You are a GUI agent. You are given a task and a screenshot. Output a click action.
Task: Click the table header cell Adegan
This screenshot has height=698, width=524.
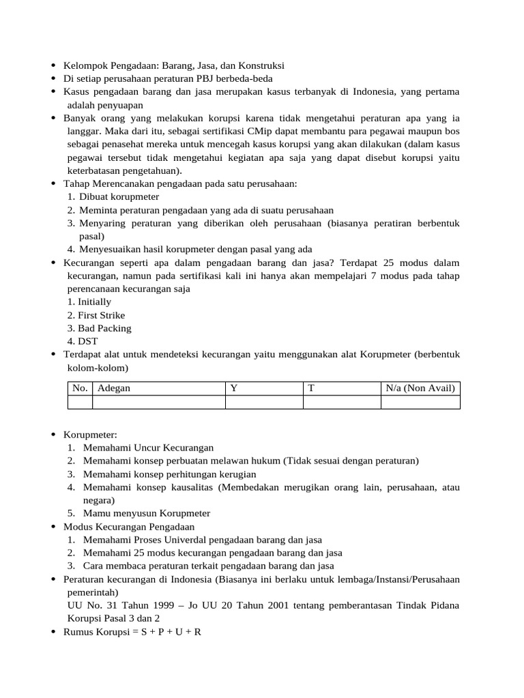click(114, 389)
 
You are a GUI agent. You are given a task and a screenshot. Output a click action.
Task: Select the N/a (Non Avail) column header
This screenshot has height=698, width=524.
click(420, 389)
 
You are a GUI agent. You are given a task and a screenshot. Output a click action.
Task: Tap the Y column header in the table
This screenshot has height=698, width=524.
click(234, 389)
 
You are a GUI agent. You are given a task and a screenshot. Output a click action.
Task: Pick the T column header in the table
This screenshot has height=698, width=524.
click(311, 389)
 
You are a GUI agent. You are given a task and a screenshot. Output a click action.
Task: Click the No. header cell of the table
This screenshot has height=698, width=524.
click(80, 389)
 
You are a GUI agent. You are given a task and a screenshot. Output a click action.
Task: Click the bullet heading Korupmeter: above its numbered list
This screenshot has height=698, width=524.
click(91, 435)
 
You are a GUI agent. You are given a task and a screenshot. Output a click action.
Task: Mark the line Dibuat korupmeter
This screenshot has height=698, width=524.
click(115, 197)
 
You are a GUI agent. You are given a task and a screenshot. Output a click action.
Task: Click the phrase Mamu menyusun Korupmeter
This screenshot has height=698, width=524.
click(147, 513)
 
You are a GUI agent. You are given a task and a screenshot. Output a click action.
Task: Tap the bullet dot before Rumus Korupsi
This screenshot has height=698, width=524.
click(54, 632)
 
